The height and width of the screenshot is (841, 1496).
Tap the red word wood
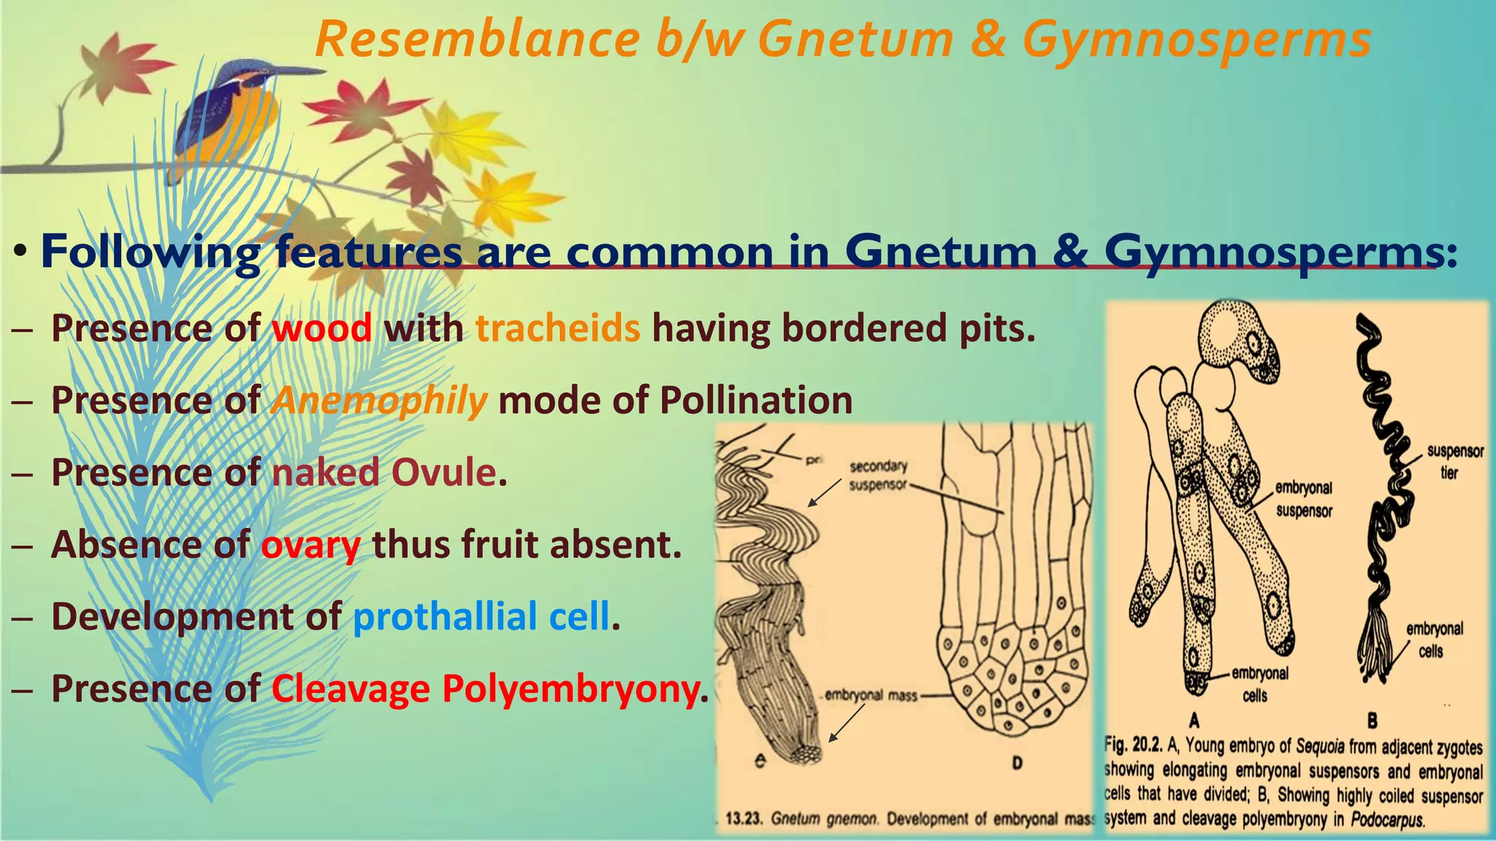pos(321,328)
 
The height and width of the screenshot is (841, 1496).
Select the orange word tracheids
pos(558,328)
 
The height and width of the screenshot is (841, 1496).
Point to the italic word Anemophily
pos(379,400)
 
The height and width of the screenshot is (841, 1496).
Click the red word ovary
pos(310,545)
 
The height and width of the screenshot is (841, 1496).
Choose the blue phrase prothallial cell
pos(481,616)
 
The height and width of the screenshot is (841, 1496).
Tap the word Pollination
pos(756,400)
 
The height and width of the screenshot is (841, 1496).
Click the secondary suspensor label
pos(877,475)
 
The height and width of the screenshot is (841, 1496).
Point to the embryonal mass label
pos(871,696)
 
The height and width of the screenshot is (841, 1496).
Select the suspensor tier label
pos(1454,461)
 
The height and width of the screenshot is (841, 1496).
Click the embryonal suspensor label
pos(1304,499)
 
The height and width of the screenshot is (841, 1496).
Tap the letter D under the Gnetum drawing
pos(1016,764)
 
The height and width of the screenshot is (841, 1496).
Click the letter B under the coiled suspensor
pos(1372,721)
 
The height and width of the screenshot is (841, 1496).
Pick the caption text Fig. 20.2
pos(1133,746)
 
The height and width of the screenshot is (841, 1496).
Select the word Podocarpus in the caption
pos(1386,819)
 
